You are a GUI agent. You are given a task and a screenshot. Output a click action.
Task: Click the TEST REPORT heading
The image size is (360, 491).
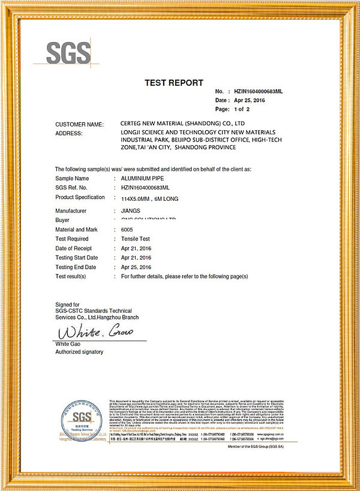(x=174, y=83)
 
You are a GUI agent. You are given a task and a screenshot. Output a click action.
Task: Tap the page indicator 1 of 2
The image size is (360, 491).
(x=241, y=110)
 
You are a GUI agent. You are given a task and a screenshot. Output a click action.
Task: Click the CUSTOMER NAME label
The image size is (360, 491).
(x=79, y=124)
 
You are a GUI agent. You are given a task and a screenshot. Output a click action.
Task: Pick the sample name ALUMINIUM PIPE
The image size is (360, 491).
(x=143, y=179)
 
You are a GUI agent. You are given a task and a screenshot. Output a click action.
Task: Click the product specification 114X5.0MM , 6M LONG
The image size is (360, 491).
(x=149, y=198)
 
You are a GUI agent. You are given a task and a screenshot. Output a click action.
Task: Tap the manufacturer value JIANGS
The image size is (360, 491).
(x=130, y=211)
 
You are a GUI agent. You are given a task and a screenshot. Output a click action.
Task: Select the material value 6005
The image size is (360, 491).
(x=127, y=230)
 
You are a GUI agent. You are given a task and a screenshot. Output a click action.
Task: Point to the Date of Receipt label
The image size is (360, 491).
(x=73, y=248)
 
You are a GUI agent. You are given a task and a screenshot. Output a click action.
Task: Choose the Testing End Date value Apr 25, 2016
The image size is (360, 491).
(x=136, y=267)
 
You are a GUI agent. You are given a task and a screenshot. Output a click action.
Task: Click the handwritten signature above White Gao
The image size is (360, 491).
(x=91, y=331)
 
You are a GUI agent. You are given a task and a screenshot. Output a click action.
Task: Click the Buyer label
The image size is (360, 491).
(x=62, y=220)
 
